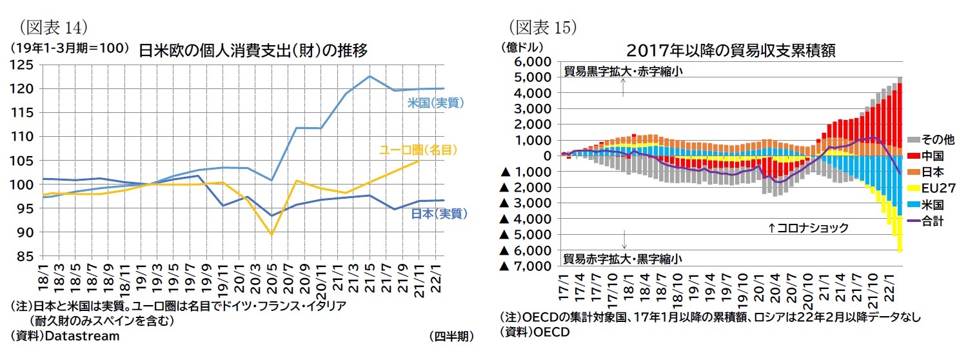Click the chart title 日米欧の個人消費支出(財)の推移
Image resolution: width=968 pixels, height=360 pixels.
point(253,51)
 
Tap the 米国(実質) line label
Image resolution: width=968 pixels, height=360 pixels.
point(436,103)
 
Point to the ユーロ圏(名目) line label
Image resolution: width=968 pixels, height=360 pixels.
point(418,150)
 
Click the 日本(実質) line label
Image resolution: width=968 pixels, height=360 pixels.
point(439,214)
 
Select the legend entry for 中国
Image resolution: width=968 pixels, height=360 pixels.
point(931,155)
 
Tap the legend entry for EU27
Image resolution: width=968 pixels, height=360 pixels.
point(934,188)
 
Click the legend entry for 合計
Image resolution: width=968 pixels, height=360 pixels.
point(931,221)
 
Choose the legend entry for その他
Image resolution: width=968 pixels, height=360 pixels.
point(934,139)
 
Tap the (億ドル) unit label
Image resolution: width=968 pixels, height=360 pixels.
point(522,47)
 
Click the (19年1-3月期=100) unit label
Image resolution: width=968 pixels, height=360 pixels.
point(69,48)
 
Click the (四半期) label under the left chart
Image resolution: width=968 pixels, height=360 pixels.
point(451,336)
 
